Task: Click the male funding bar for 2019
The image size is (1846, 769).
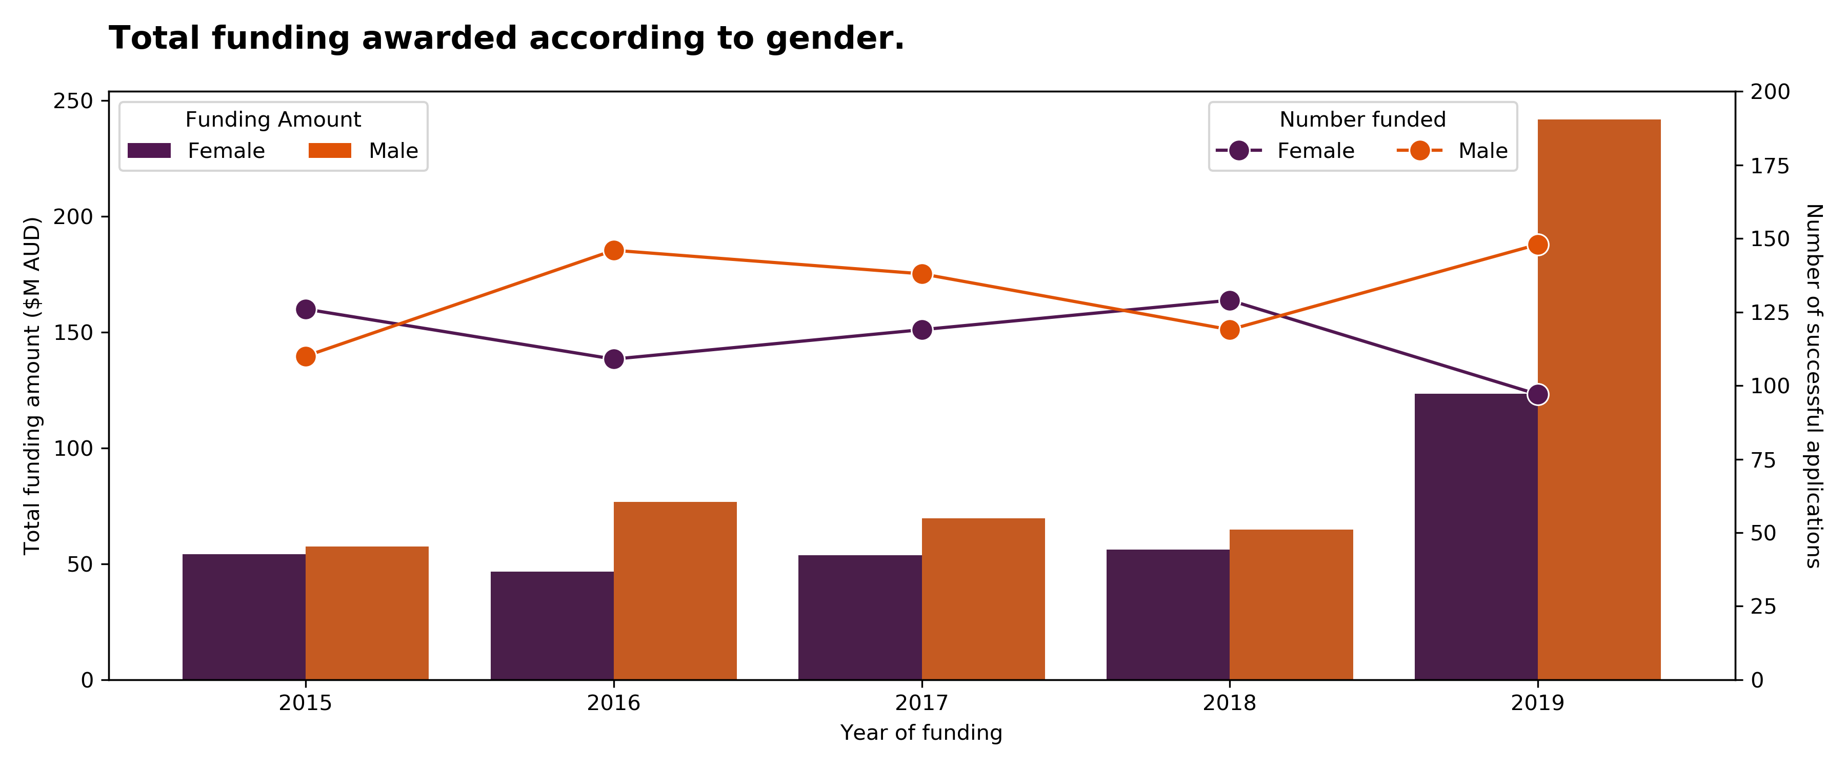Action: [x=1599, y=399]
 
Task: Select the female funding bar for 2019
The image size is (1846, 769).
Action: [x=1476, y=537]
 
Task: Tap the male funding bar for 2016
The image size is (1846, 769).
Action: [x=675, y=591]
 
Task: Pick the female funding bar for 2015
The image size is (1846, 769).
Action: [x=245, y=617]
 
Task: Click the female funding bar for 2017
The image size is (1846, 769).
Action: [x=860, y=617]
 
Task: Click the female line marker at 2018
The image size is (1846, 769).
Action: [x=1230, y=301]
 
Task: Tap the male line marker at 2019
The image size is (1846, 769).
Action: [x=1538, y=245]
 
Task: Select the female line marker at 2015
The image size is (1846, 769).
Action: [x=306, y=310]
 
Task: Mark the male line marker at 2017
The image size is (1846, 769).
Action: [x=922, y=274]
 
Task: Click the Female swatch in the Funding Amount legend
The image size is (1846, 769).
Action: [x=149, y=151]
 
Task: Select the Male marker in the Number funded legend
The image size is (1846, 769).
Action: [x=1419, y=151]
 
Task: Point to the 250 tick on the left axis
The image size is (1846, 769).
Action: [x=74, y=101]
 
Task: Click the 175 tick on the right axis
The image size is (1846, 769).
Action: [x=1770, y=166]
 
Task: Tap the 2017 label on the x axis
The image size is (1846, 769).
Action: [x=921, y=703]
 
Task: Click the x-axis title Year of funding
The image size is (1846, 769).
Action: [x=921, y=733]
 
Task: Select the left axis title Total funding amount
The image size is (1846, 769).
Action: [x=32, y=386]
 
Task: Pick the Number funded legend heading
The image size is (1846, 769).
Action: [x=1363, y=119]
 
